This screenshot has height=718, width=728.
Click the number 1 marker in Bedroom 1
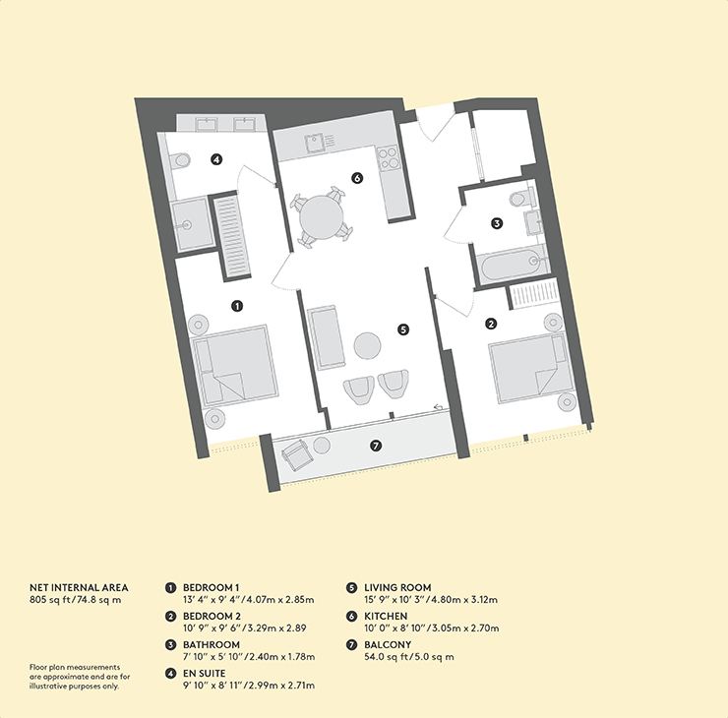tap(237, 306)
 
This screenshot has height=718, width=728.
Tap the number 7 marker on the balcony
tap(376, 446)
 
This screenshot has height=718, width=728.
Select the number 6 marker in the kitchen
tap(356, 178)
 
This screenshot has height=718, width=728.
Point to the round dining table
tap(322, 217)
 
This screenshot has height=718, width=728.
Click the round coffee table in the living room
tap(367, 345)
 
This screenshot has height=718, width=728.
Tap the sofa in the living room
tap(327, 337)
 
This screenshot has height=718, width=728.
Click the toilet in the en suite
tap(180, 160)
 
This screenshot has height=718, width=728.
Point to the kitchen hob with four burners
tap(389, 157)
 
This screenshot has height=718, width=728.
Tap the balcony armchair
tap(297, 454)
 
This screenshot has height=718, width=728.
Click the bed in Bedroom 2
tap(529, 368)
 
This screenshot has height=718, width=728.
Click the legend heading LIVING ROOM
tap(397, 587)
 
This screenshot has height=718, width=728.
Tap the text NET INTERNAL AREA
tap(79, 587)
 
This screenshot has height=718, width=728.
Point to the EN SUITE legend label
tap(205, 674)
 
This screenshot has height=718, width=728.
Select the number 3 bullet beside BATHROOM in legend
tap(171, 644)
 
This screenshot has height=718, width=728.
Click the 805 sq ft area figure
tap(49, 600)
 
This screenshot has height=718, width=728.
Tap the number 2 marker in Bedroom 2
tap(491, 324)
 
